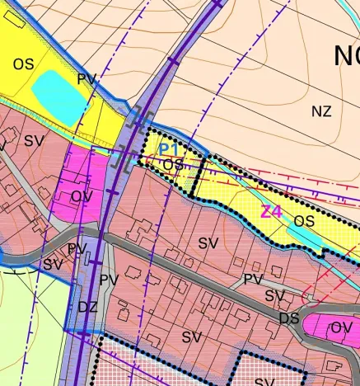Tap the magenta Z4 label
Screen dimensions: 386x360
pyautogui.click(x=271, y=211)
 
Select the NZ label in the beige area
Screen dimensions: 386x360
pyautogui.click(x=321, y=111)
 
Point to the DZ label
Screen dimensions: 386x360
pyautogui.click(x=88, y=307)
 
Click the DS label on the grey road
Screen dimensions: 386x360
pyautogui.click(x=288, y=318)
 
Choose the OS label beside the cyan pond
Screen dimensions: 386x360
pyautogui.click(x=24, y=63)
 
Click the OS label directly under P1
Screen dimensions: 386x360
pyautogui.click(x=173, y=165)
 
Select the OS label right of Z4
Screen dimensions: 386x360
pyautogui.click(x=305, y=221)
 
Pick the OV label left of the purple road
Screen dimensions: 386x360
pyautogui.click(x=82, y=196)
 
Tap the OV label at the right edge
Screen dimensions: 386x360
pyautogui.click(x=341, y=328)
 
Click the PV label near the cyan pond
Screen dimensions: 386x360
pyautogui.click(x=87, y=79)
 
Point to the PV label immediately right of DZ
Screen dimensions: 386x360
pyautogui.click(x=109, y=280)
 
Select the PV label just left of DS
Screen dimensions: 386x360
pyautogui.click(x=253, y=280)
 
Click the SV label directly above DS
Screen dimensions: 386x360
pyautogui.click(x=274, y=296)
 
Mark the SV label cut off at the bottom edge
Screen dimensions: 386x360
pyautogui.click(x=264, y=381)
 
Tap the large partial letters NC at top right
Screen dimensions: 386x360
pyautogui.click(x=346, y=56)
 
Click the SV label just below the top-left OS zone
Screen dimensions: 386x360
pyautogui.click(x=34, y=141)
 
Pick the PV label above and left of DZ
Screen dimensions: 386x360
pyautogui.click(x=77, y=248)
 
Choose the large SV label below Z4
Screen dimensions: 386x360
pyautogui.click(x=209, y=243)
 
